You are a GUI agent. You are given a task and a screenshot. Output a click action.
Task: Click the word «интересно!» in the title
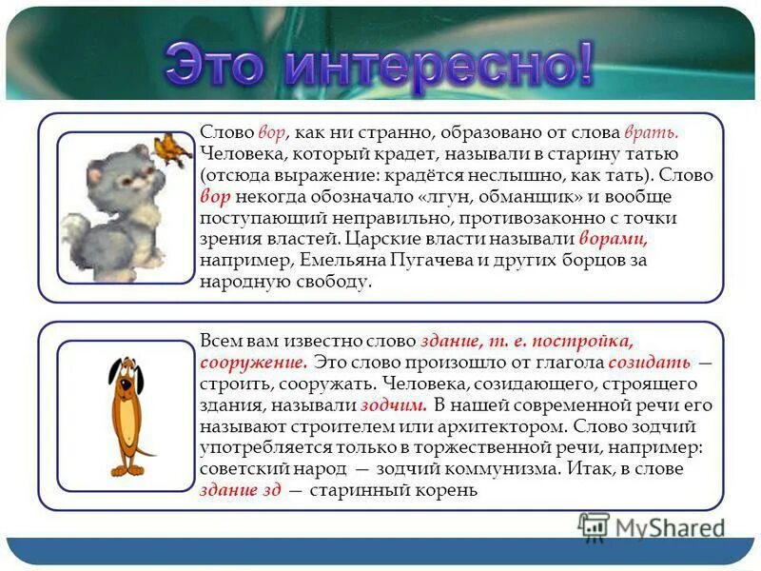click(x=439, y=64)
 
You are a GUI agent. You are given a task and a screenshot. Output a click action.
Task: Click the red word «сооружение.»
click(x=253, y=364)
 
